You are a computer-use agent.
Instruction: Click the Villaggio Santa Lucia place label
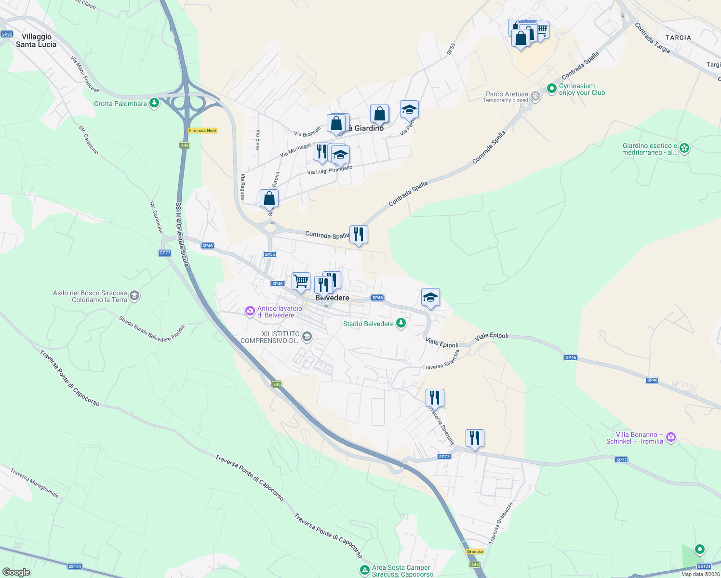point(36,40)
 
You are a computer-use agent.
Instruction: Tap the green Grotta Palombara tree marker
point(154,103)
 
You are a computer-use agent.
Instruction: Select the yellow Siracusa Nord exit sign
point(202,131)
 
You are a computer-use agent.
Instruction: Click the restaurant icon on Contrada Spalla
point(359,235)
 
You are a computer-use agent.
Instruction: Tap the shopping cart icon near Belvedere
point(301,281)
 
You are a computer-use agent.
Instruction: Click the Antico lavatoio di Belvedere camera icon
point(250,311)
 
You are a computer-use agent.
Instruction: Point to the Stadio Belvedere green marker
point(401,323)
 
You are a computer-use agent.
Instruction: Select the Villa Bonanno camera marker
point(671,438)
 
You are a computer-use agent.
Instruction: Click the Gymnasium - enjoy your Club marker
point(551,89)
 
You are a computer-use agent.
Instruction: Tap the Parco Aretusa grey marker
point(535,96)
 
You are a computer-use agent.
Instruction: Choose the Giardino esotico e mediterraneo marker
point(684,148)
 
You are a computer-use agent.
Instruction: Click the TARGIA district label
point(678,38)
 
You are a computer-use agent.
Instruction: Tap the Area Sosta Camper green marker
point(365,570)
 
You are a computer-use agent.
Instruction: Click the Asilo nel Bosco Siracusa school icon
point(134,296)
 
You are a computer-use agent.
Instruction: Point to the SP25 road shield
point(7,34)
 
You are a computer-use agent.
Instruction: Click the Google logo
point(16,572)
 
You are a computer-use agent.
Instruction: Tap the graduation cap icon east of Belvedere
point(430,297)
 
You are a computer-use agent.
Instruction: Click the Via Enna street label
point(258,140)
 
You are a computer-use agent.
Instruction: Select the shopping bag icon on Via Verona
point(269,198)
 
